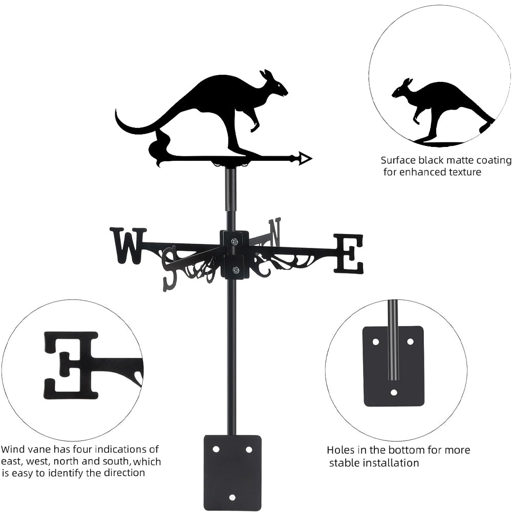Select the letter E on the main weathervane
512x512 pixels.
[x=349, y=253]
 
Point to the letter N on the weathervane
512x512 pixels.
[x=275, y=231]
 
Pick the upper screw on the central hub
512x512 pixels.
[x=234, y=242]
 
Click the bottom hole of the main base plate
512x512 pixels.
[x=232, y=497]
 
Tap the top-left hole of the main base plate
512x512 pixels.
[x=216, y=449]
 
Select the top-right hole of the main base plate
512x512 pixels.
[x=249, y=449]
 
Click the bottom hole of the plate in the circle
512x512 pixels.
[x=394, y=392]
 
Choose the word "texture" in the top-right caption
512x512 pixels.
[x=462, y=172]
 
